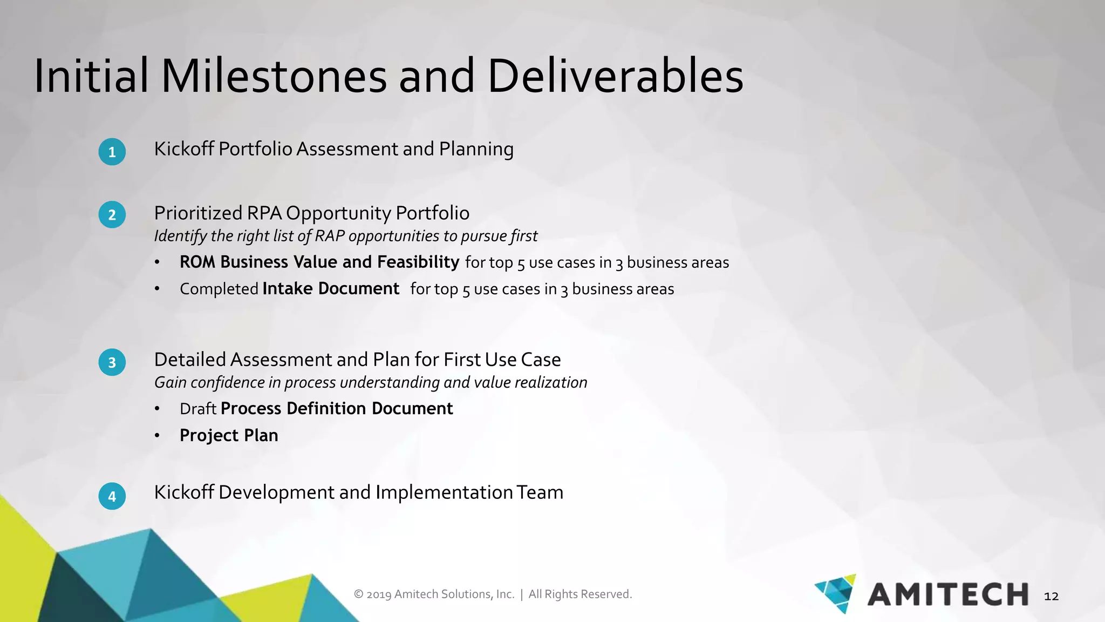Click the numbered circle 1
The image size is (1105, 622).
click(112, 152)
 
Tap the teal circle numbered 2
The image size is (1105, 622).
click(112, 215)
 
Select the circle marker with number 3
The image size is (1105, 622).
click(112, 362)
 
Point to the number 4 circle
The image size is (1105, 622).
click(112, 496)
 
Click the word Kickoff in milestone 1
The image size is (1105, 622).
click(184, 149)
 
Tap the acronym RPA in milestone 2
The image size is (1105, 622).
click(264, 213)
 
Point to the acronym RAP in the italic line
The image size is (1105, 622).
click(330, 236)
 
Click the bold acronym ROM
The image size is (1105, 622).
click(197, 262)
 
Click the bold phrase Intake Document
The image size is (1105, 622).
click(331, 289)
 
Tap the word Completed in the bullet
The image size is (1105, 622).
click(219, 289)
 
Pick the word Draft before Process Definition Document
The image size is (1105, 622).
click(198, 409)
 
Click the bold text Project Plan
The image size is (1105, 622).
click(229, 435)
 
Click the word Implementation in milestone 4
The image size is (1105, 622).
click(444, 492)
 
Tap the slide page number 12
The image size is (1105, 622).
click(1051, 597)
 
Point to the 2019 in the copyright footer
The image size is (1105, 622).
click(379, 594)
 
